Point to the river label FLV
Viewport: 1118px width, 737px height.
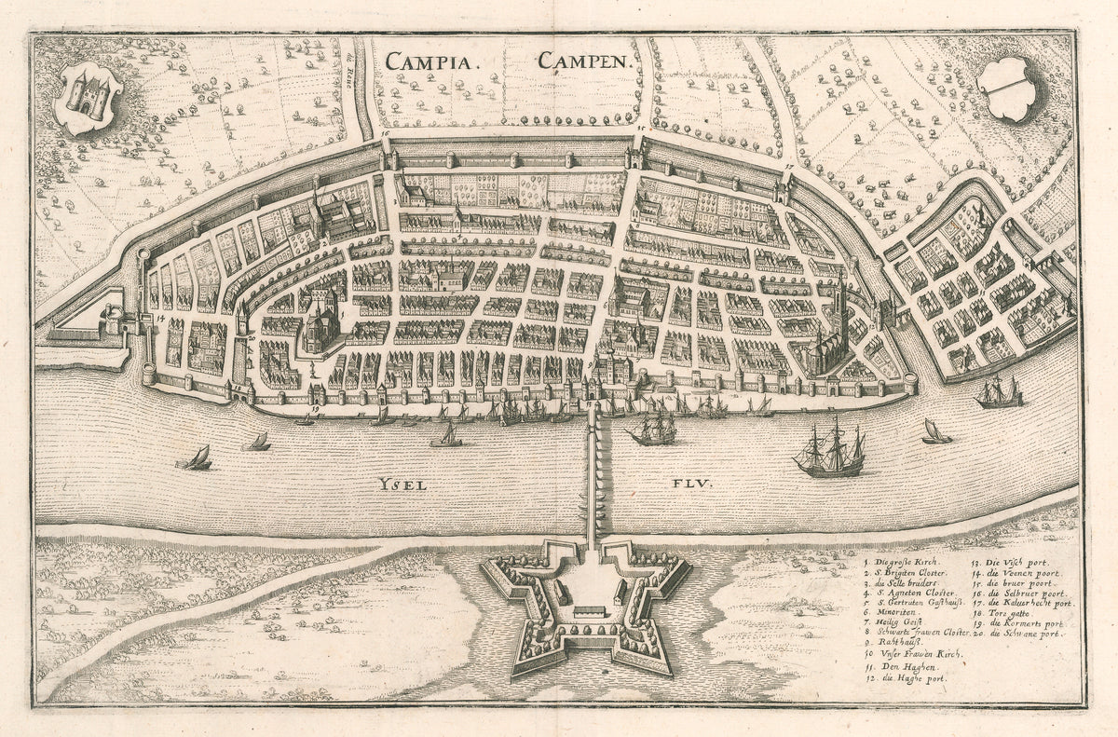[x=689, y=484]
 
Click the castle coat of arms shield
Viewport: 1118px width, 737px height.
[x=89, y=96]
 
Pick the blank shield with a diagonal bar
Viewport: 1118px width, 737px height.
[x=1012, y=89]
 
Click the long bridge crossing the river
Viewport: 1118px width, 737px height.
[x=593, y=475]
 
